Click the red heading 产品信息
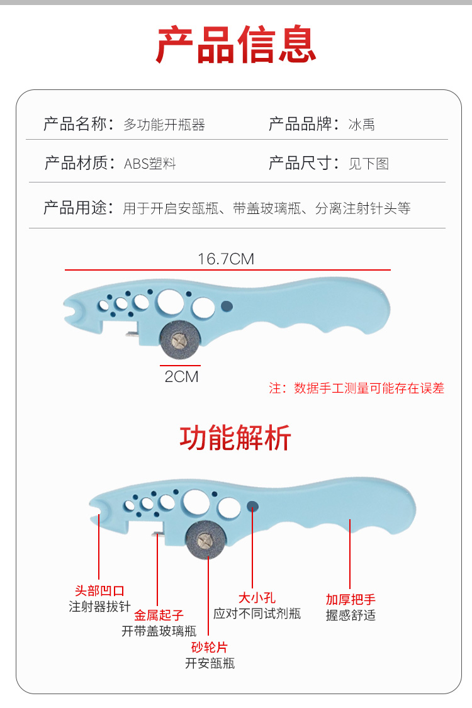point(236,44)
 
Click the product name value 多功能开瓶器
point(164,125)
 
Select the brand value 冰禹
point(361,125)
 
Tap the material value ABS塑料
point(150,164)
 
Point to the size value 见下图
point(369,164)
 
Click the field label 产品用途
point(75,208)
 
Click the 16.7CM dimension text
point(226,259)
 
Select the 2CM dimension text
point(181,376)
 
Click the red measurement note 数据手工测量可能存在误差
point(369,388)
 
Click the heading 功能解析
point(235,437)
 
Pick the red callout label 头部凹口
point(100,590)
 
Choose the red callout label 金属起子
point(159,615)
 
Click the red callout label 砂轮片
point(209,648)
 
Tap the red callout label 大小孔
point(257,598)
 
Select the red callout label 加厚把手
point(351,599)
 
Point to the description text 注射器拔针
point(100,607)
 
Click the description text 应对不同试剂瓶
point(257,614)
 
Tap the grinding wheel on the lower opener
point(206,539)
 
